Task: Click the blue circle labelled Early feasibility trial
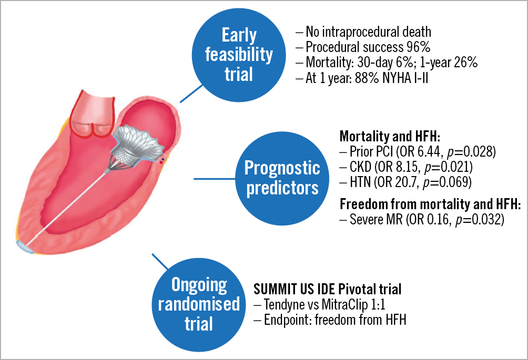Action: click(x=239, y=55)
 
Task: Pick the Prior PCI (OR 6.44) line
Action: click(x=419, y=152)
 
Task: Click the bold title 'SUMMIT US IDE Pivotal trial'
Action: click(x=328, y=289)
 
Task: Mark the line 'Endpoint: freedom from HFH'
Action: click(x=330, y=318)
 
